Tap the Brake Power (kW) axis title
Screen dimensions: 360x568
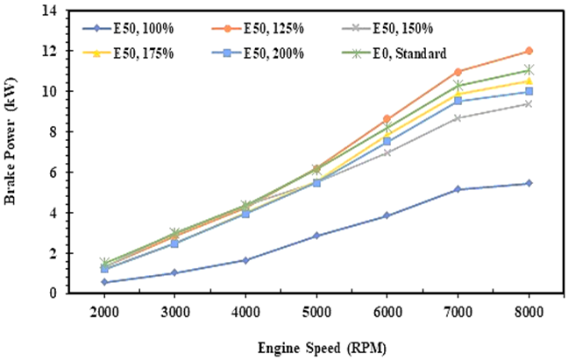point(13,153)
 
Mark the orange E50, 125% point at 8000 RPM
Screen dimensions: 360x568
point(529,51)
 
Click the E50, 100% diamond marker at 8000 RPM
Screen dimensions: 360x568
point(529,183)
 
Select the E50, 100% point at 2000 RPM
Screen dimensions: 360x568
point(105,282)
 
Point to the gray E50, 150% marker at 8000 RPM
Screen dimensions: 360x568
point(529,103)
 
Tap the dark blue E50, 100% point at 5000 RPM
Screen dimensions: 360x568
point(316,236)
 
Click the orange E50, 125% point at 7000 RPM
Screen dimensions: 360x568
point(458,72)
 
